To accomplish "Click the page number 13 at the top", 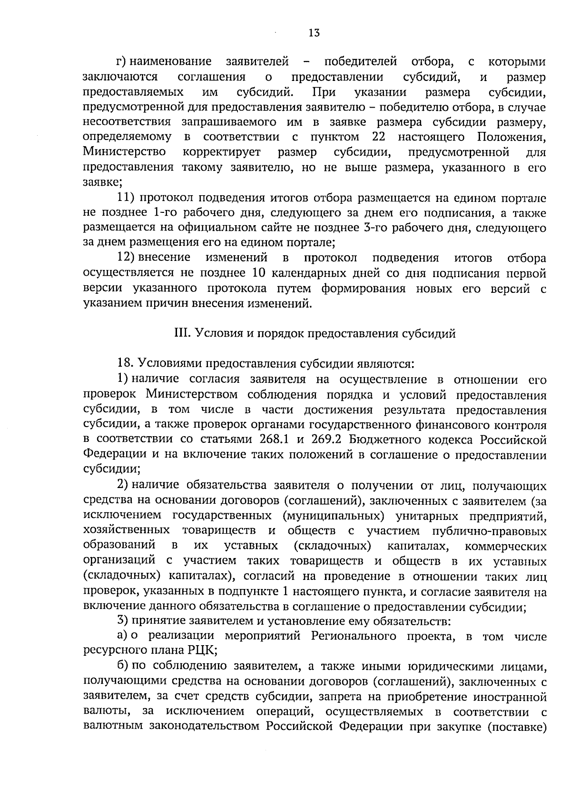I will pyautogui.click(x=314, y=33).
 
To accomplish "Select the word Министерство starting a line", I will pyautogui.click(x=124, y=152).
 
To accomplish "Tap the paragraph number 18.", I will pyautogui.click(x=126, y=364).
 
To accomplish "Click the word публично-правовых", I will pyautogui.click(x=489, y=531).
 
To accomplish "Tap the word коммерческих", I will pyautogui.click(x=505, y=546).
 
